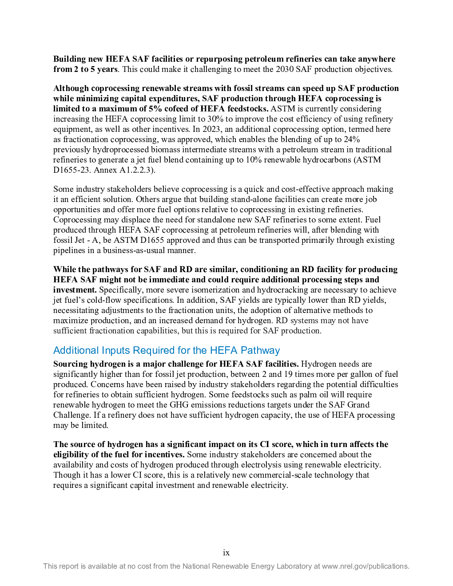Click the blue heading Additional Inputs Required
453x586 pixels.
tap(167, 350)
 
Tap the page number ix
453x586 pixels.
tap(226, 553)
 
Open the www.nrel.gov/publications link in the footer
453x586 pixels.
tap(366, 566)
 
